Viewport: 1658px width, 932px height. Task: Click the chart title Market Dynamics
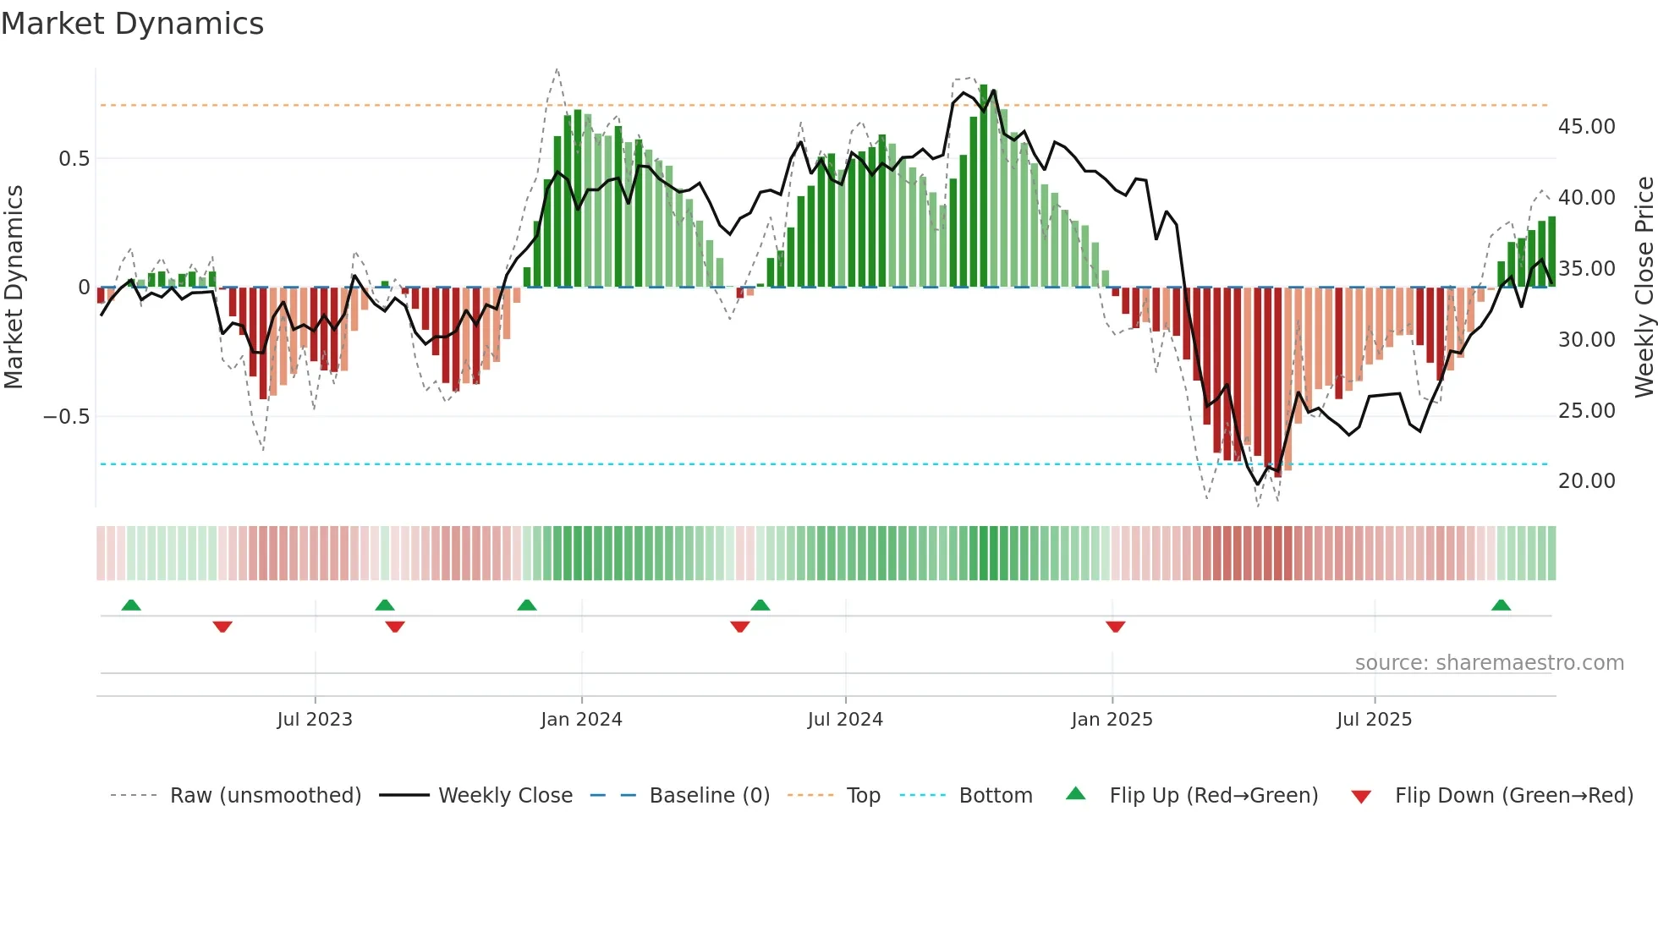coord(132,24)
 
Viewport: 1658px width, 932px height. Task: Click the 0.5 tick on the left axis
coord(74,159)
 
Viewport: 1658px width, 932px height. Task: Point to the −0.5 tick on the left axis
coord(66,417)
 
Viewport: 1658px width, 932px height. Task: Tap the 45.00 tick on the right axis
coord(1586,127)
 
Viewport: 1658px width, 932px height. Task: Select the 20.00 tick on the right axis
coord(1586,481)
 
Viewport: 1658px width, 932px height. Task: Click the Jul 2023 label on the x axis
coord(315,720)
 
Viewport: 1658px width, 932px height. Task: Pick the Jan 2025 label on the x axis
coord(1112,720)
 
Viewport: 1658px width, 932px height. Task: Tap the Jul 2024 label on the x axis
coord(845,720)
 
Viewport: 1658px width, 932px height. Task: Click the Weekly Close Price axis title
coord(1644,288)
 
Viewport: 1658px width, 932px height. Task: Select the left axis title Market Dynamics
coord(14,288)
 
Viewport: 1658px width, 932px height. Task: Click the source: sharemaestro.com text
coord(1489,663)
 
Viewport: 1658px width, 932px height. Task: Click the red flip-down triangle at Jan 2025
coord(1115,627)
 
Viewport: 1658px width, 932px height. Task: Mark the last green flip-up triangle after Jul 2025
coord(1501,606)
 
